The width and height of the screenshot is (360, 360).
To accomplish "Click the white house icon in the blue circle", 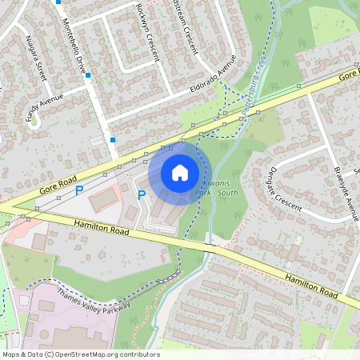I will tap(180, 172).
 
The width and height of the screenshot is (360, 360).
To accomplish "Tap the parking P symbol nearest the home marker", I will tap(142, 194).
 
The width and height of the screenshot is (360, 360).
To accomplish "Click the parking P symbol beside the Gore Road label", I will tap(79, 191).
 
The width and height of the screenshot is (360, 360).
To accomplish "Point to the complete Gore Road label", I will tap(58, 186).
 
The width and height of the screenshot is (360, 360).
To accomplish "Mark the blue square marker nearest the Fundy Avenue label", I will tap(87, 76).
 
